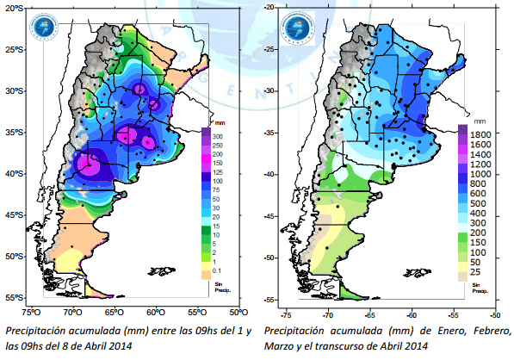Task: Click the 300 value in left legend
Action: (x=218, y=136)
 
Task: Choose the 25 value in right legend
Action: (x=474, y=272)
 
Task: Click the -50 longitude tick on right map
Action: (x=494, y=314)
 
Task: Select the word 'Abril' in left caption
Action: (x=95, y=347)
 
